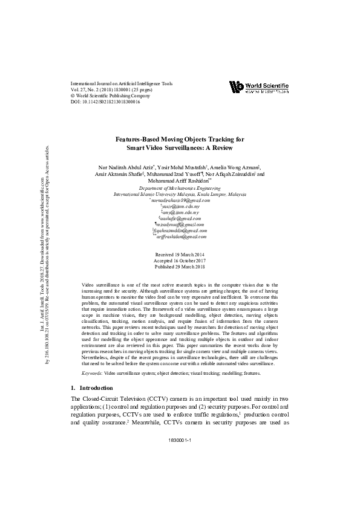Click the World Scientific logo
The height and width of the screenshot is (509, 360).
tap(259, 87)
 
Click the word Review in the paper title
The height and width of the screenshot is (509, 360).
tap(220, 148)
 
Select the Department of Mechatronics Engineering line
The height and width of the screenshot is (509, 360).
tap(180, 189)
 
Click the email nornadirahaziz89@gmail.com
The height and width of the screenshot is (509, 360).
tap(180, 201)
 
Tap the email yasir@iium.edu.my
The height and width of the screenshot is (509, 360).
tap(180, 207)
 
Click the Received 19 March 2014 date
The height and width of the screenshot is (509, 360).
tap(180, 254)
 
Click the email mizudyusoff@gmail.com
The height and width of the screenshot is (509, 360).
tap(180, 224)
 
